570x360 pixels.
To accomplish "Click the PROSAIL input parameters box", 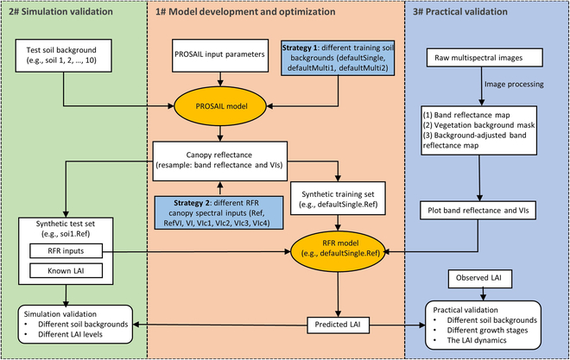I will [x=222, y=57].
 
